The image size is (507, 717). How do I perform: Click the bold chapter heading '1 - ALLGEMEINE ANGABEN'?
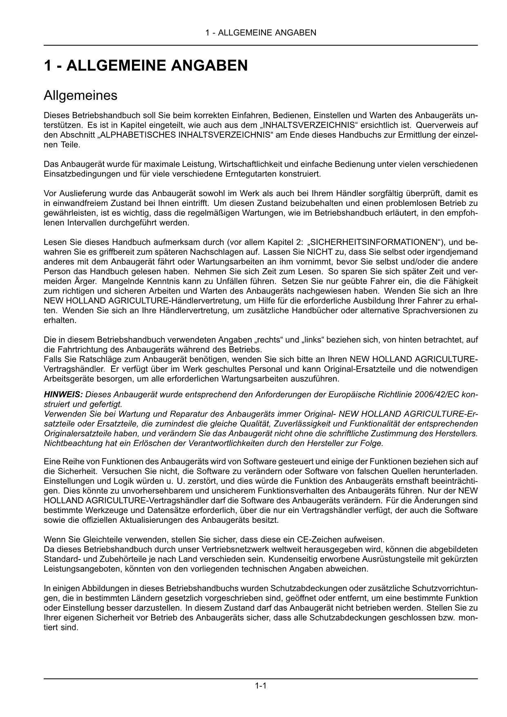(145, 65)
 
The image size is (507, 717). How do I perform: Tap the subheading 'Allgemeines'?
(80, 96)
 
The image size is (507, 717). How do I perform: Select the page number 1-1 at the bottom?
(261, 686)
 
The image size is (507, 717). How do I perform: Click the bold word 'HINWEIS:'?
(63, 395)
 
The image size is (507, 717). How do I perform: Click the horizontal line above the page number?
(261, 679)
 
